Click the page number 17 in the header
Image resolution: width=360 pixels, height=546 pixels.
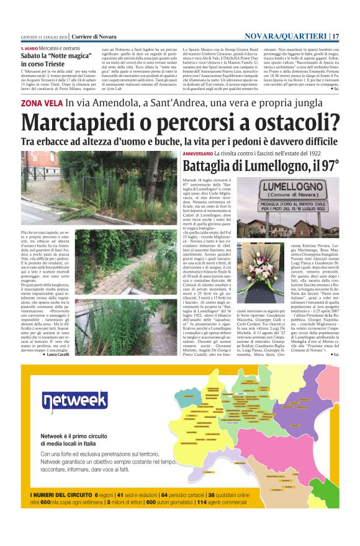tap(336, 35)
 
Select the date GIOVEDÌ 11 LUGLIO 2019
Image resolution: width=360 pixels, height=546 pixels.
tap(43, 36)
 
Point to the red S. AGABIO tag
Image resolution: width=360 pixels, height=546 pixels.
tap(30, 48)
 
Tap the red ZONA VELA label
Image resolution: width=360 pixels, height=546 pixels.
tap(41, 104)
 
